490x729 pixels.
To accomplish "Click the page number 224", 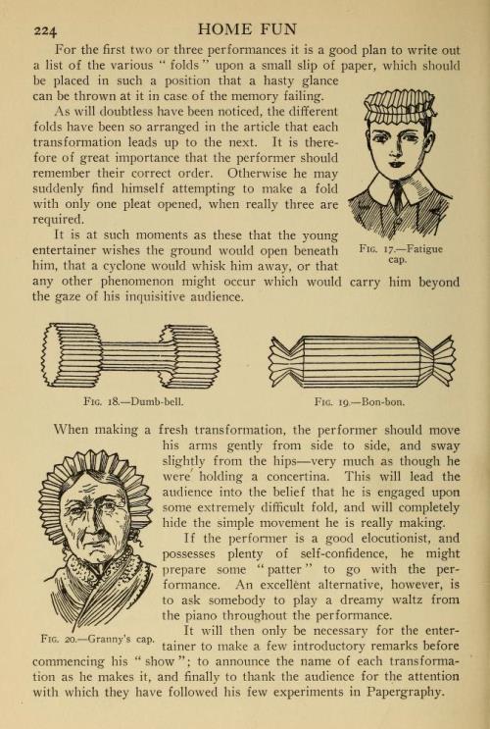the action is tap(45, 30).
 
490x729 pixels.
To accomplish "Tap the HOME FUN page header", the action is tap(247, 29).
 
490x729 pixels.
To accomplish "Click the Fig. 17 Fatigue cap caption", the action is tap(401, 254).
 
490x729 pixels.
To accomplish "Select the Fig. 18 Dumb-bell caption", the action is tap(133, 401).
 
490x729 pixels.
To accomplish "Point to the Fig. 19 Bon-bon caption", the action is tap(360, 401).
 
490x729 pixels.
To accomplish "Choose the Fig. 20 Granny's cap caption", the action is tap(98, 639).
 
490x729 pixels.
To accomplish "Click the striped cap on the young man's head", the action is tap(400, 105).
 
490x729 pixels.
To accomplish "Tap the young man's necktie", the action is tap(398, 195).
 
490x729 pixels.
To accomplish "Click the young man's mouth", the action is tap(395, 164).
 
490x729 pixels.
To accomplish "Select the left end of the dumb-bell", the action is tap(72, 355).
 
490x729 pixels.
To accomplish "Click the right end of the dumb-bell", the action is tap(190, 356).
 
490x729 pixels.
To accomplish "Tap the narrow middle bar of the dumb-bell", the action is tap(131, 356).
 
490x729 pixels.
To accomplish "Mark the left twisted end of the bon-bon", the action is tap(285, 361).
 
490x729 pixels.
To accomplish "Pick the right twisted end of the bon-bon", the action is tap(439, 361).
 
